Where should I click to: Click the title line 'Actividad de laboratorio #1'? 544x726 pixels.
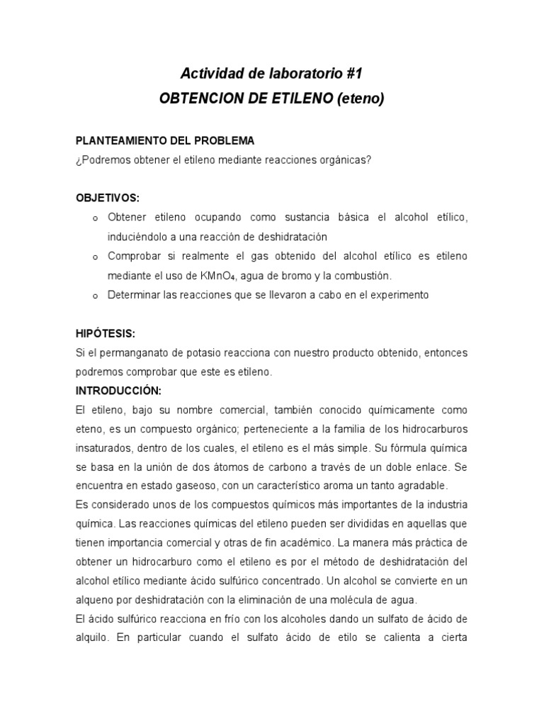[271, 73]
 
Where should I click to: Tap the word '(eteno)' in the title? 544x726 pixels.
[360, 99]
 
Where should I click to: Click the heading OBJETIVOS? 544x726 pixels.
[108, 198]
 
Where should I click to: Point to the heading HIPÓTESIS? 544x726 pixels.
[106, 333]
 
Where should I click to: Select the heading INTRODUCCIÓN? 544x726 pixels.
[118, 391]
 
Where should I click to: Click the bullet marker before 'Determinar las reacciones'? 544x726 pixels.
[95, 296]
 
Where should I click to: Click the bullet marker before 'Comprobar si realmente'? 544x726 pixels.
[95, 257]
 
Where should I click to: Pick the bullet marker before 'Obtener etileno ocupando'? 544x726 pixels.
[95, 218]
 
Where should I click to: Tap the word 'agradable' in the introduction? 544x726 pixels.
[424, 486]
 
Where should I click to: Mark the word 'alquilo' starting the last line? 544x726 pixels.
[92, 637]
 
